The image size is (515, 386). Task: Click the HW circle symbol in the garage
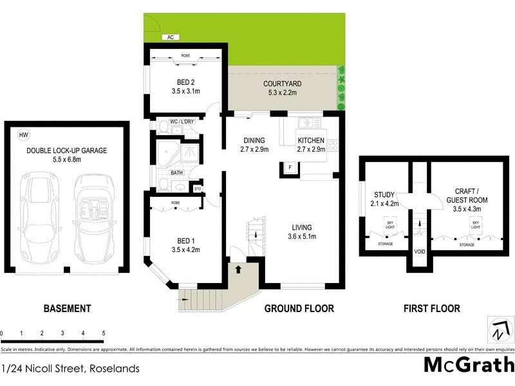(x=24, y=135)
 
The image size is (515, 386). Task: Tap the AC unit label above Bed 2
(x=170, y=37)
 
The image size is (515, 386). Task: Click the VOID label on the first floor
(x=420, y=252)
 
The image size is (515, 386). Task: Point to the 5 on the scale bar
(x=103, y=333)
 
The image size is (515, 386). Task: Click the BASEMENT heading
(x=67, y=308)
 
